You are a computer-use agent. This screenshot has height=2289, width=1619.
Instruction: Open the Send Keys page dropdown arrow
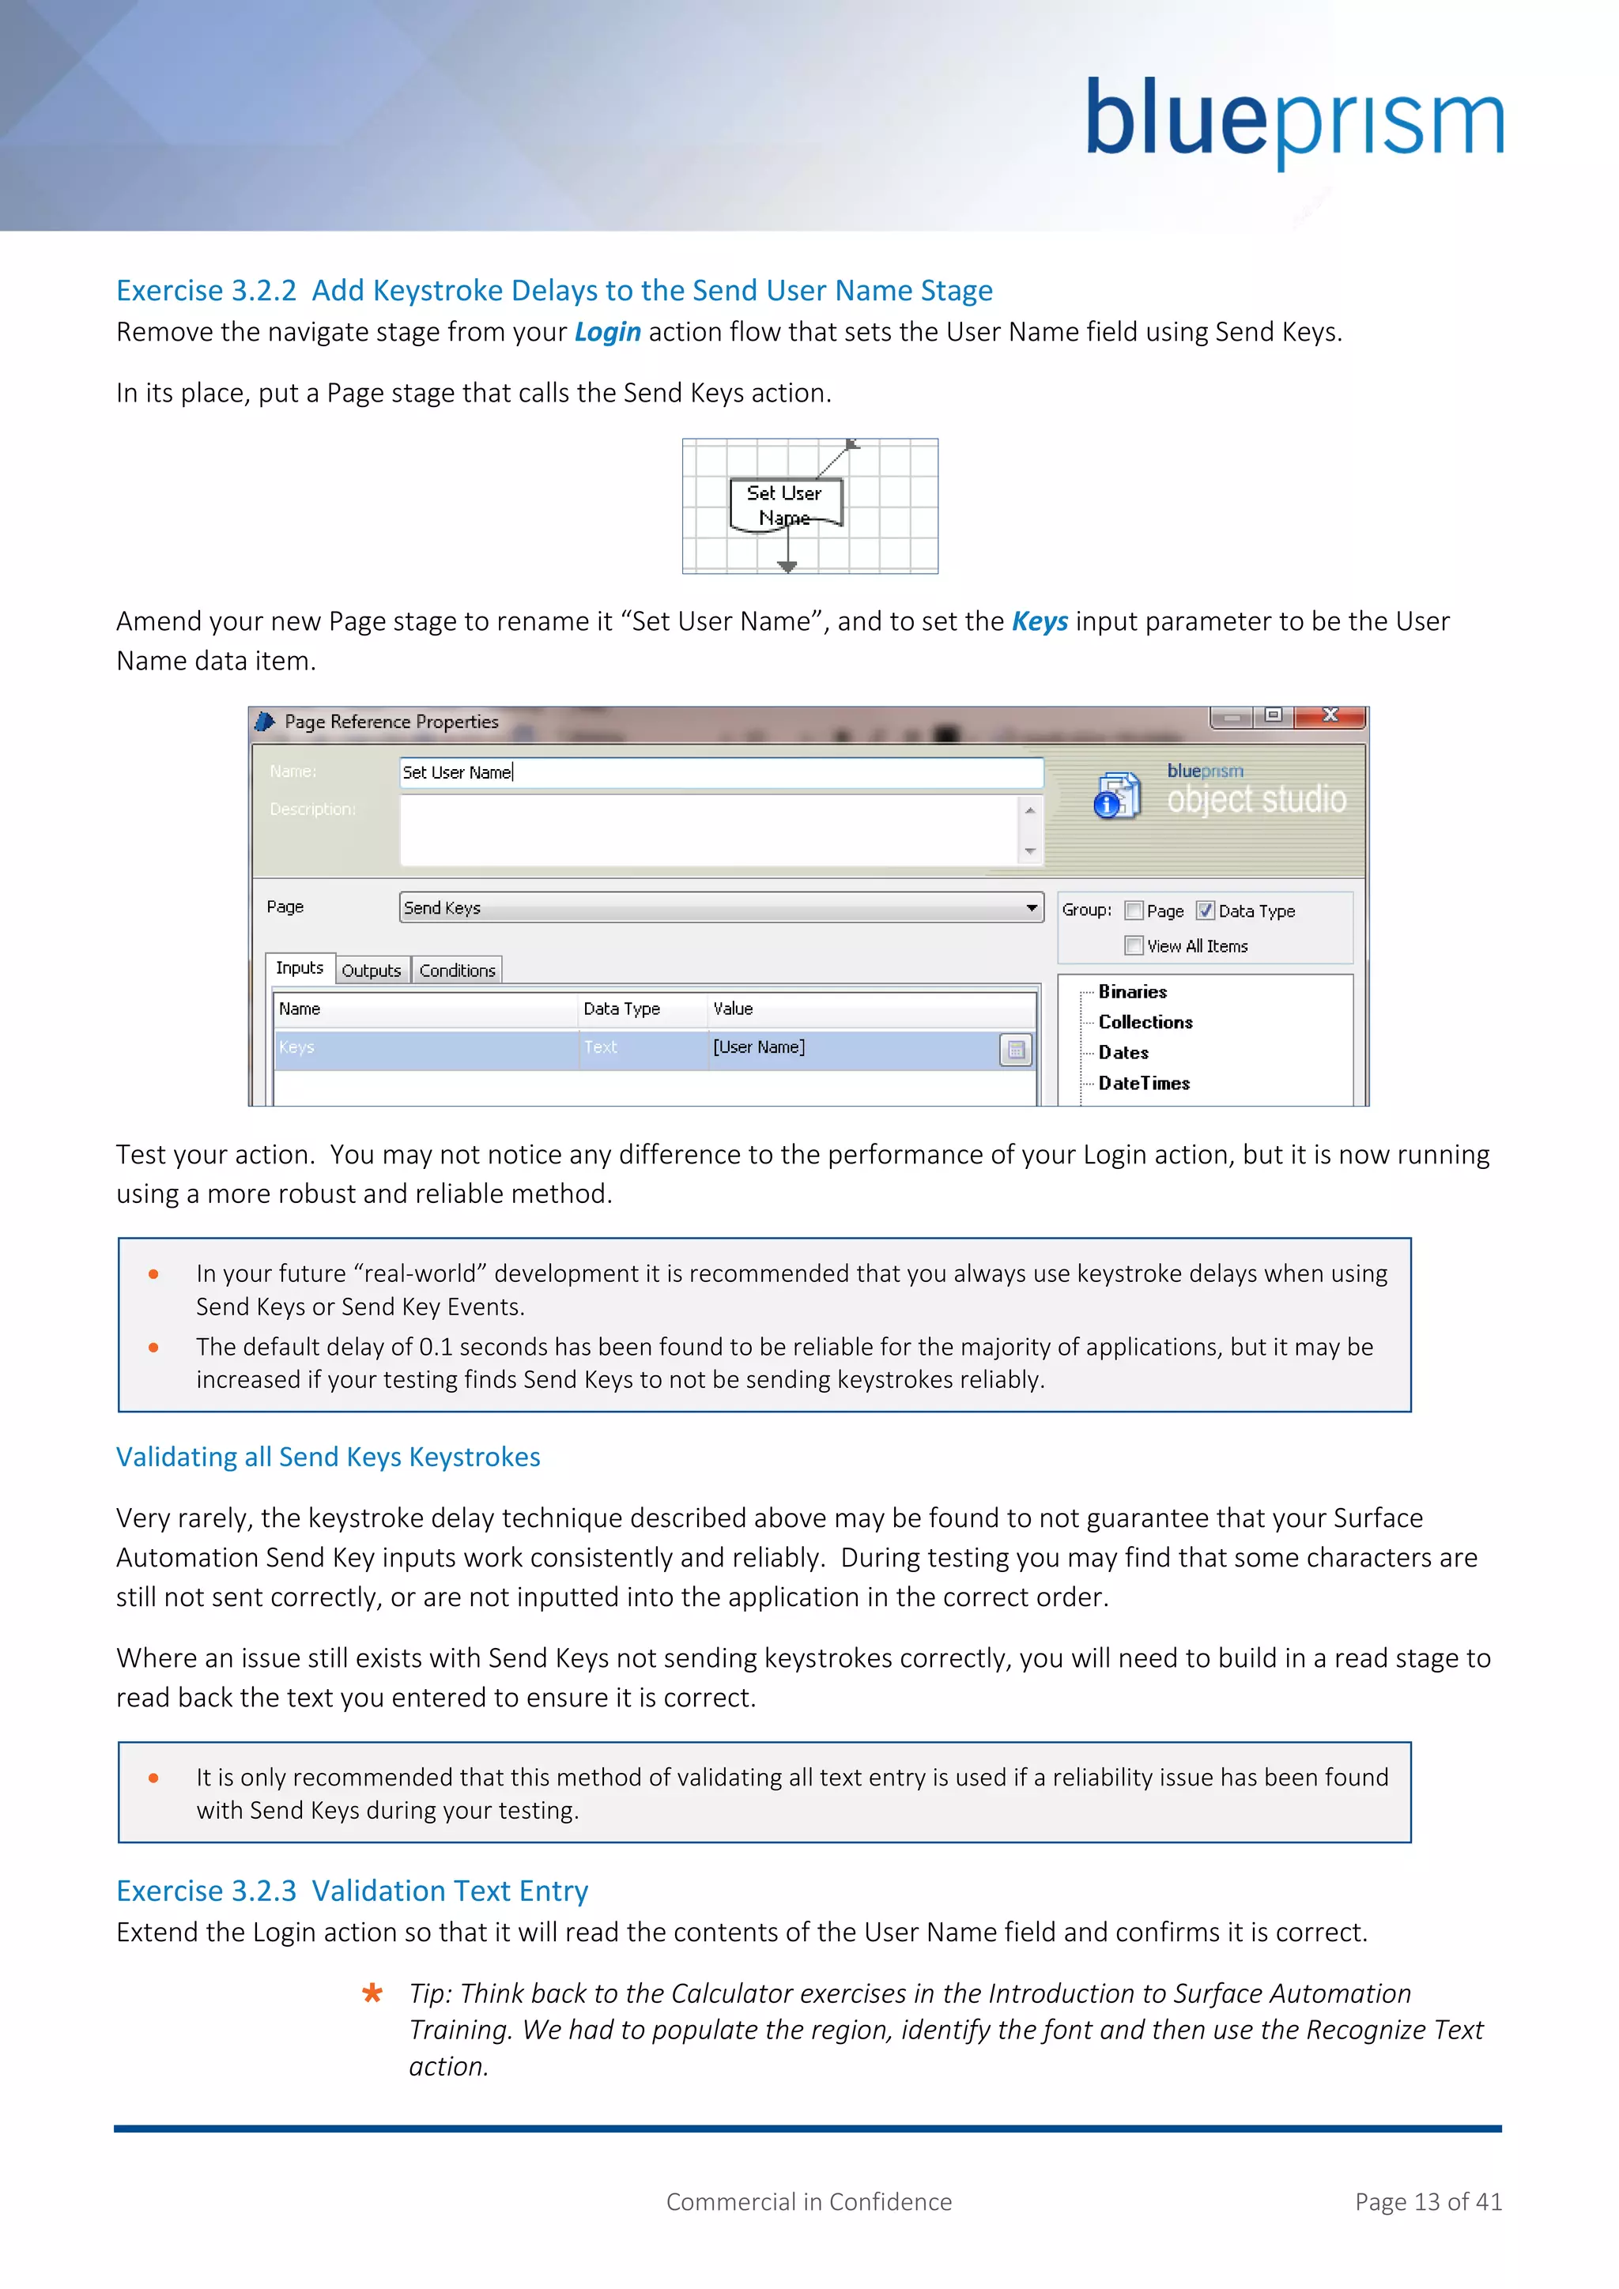[1031, 907]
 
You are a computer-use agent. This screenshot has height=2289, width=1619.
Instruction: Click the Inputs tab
[299, 968]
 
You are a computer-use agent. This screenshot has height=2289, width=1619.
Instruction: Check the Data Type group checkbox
[1206, 911]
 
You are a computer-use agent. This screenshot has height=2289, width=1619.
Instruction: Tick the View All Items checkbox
[1134, 945]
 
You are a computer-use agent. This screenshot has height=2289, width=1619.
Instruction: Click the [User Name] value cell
[847, 1048]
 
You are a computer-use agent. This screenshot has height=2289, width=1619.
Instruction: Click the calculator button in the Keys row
[1015, 1050]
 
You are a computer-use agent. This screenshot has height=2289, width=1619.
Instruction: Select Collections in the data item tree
[1145, 1022]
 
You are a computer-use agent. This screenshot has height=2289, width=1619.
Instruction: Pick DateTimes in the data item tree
[1143, 1083]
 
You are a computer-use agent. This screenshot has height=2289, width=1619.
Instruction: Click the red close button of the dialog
[1330, 716]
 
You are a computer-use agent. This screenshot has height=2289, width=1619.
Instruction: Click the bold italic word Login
[607, 332]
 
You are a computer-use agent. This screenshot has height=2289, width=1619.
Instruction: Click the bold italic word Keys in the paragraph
[1039, 621]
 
